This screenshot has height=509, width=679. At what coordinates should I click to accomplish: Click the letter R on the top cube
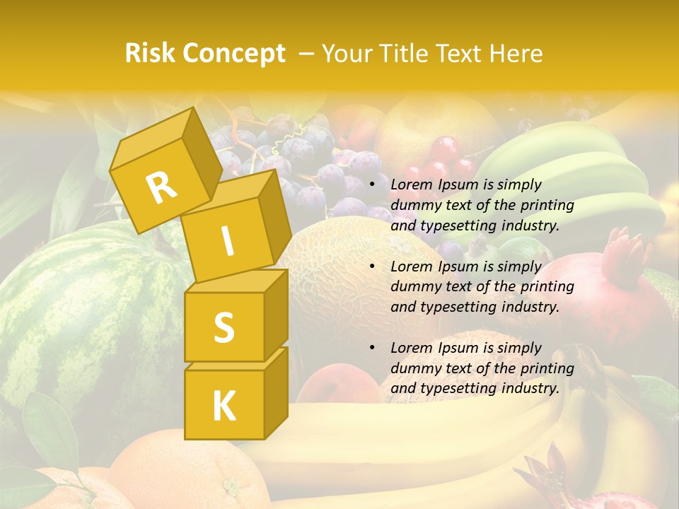pos(161,187)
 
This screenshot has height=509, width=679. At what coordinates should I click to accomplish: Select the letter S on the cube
pos(224,327)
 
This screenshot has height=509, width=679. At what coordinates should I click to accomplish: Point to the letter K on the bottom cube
pos(224,406)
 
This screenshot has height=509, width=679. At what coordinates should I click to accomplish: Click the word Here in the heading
pos(515,54)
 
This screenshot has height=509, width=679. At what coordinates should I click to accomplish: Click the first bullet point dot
pos(372,185)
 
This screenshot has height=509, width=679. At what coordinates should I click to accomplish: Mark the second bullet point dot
pos(372,267)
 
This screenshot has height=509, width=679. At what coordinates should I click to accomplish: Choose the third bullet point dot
pos(372,348)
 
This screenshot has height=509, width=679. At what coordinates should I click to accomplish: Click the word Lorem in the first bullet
pos(410,185)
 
